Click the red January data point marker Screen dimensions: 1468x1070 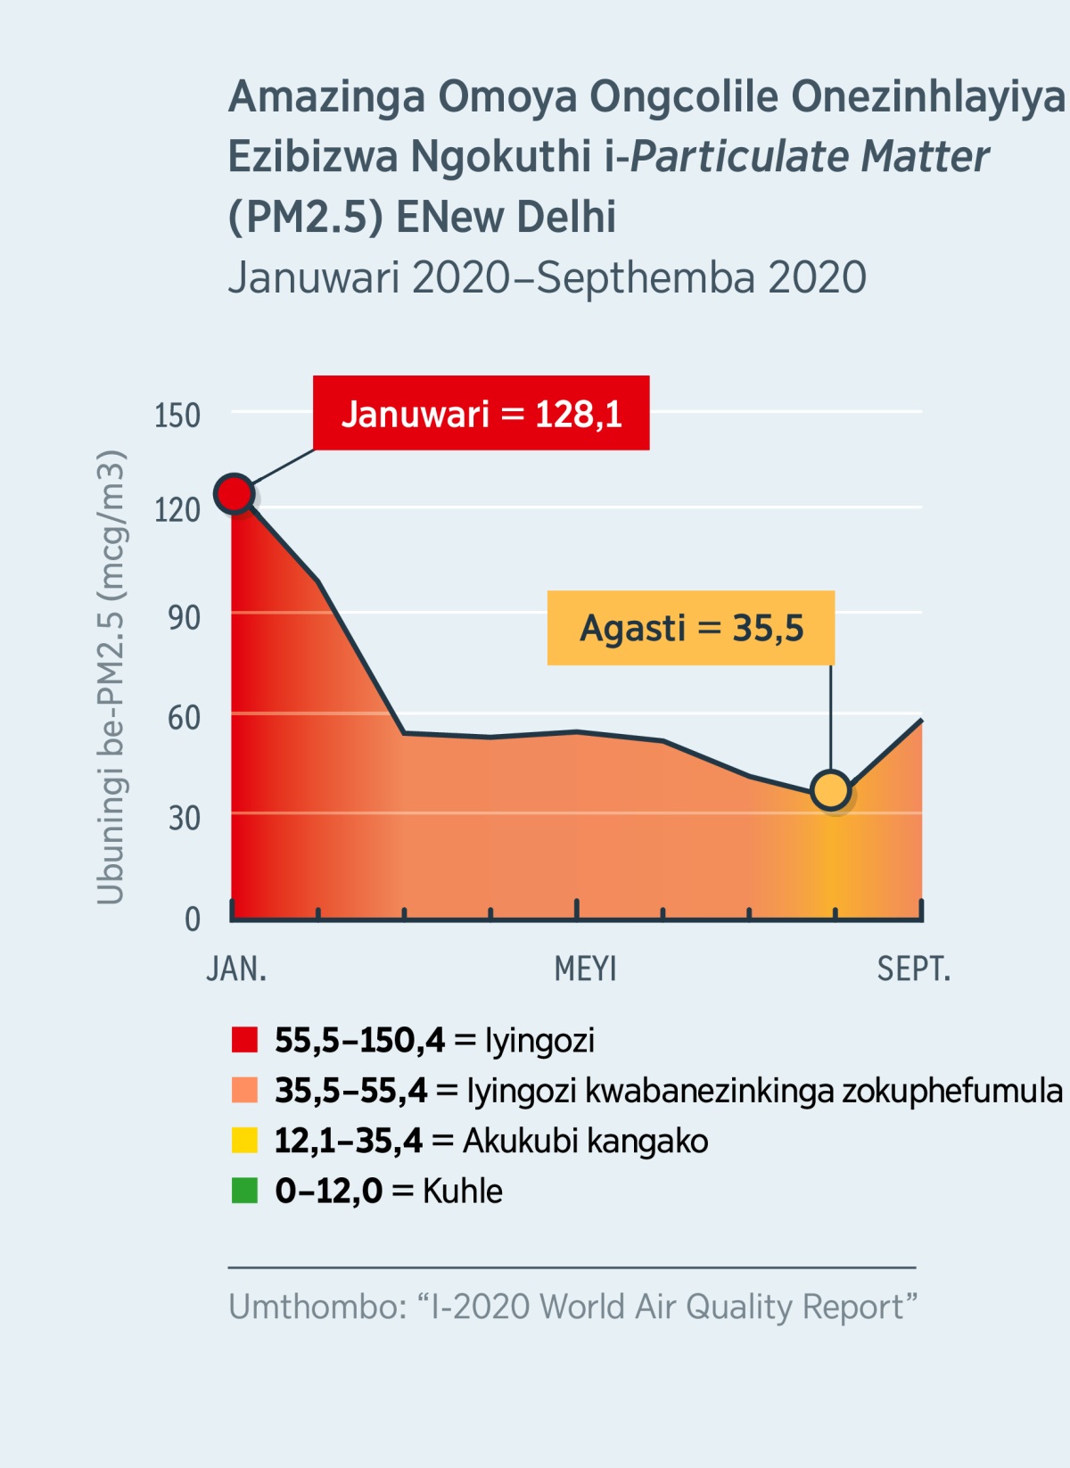235,493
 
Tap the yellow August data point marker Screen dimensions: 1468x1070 831,790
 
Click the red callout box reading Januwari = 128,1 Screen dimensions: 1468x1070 481,413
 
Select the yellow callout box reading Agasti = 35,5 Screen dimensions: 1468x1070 691,628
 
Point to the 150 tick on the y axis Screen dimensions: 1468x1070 177,416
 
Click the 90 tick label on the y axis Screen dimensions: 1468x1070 184,617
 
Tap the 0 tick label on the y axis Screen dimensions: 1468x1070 192,919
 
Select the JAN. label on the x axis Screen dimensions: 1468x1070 236,969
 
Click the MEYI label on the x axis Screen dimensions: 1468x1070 585,969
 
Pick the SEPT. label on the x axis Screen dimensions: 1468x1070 913,969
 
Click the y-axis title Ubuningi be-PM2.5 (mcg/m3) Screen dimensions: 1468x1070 111,678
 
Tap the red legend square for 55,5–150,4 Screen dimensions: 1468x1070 244,1040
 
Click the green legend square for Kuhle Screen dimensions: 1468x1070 244,1191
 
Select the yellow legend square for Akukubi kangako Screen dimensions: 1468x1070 244,1141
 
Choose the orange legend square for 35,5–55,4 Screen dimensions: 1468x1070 244,1090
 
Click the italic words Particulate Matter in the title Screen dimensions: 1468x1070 810,156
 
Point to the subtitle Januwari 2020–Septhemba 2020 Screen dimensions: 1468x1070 547,277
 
